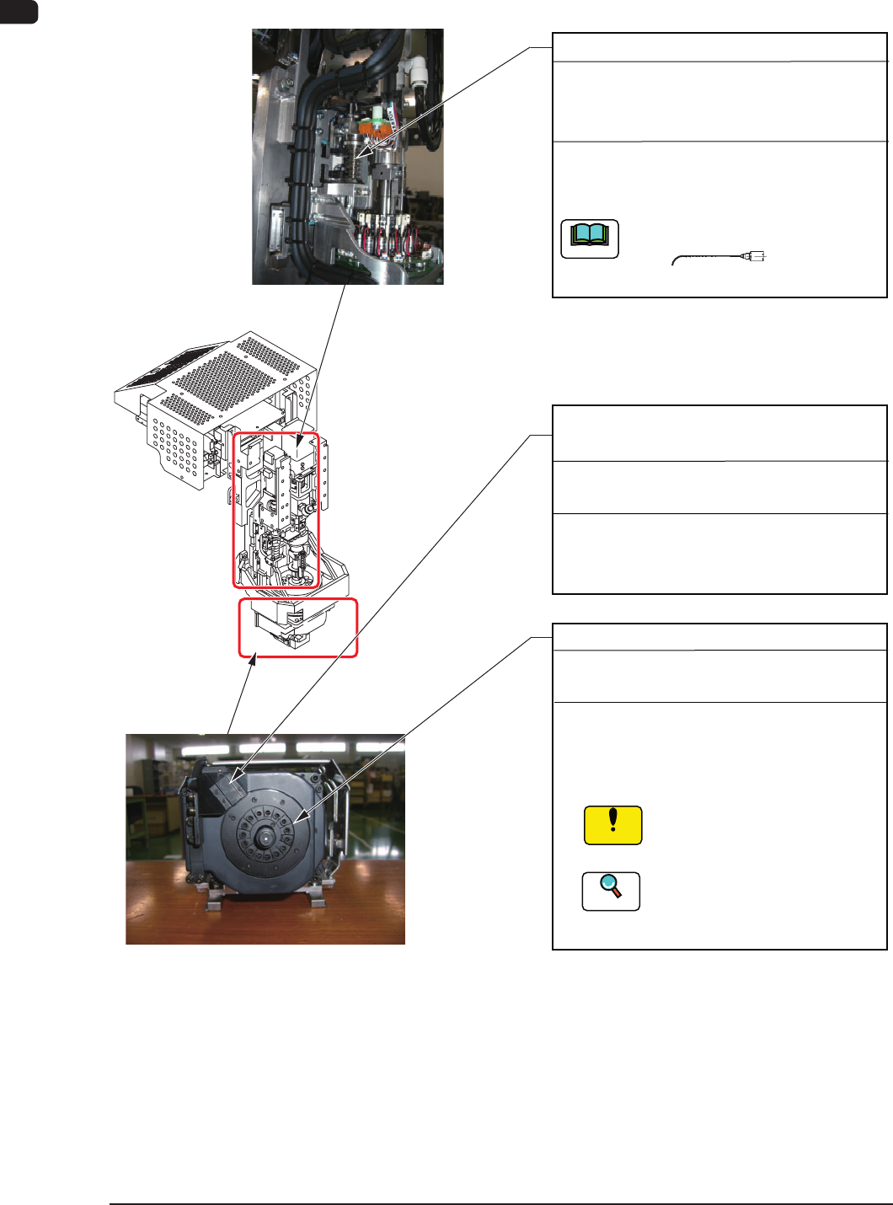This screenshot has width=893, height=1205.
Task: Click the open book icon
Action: (590, 238)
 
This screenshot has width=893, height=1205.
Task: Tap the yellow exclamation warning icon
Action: (613, 825)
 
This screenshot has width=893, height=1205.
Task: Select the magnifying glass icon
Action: (611, 891)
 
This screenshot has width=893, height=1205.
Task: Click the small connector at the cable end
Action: (756, 256)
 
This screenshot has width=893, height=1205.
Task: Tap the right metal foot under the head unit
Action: (316, 902)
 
